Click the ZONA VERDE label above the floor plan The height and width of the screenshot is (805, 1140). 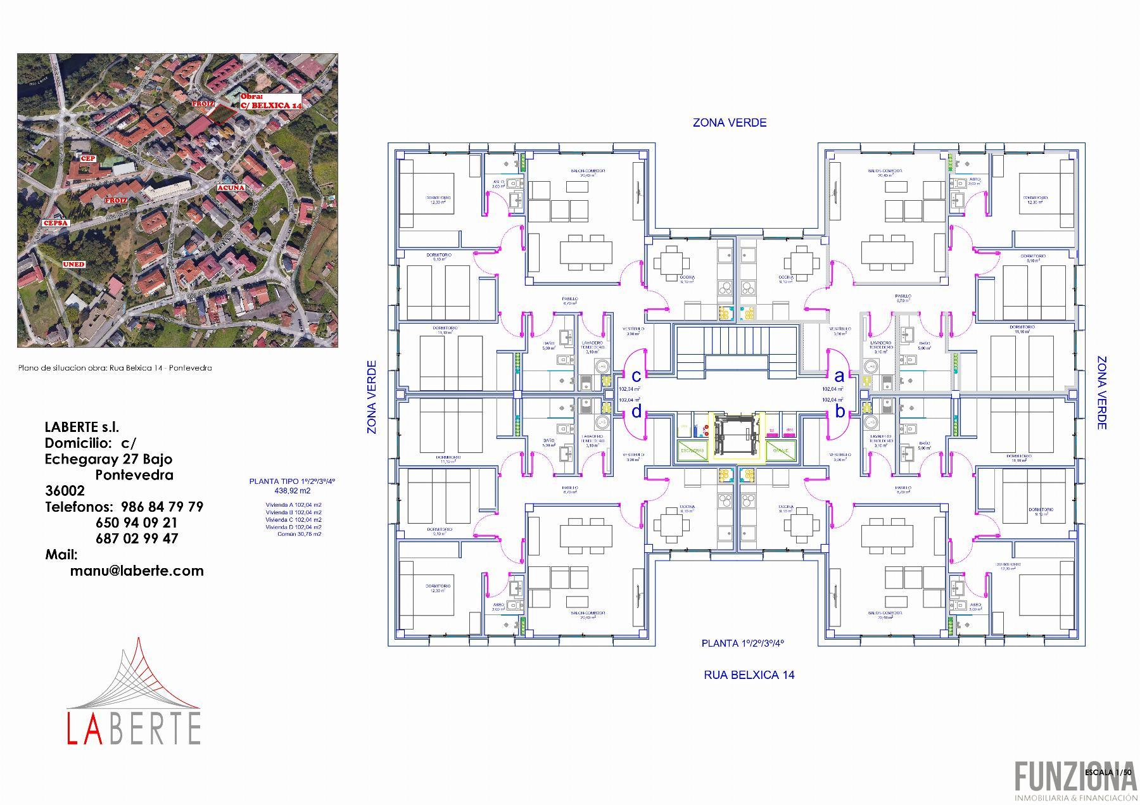coord(729,123)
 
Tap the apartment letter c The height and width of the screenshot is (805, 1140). coord(636,376)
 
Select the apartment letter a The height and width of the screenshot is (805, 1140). coord(840,376)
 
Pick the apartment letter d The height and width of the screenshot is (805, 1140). coord(636,412)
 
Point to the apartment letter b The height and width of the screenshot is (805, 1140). coord(840,412)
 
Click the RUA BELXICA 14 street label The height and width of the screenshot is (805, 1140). coord(749,675)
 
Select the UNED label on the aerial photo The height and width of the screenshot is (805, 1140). coord(73,264)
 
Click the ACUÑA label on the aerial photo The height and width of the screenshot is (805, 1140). coord(231,188)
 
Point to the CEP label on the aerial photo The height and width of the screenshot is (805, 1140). coord(87,158)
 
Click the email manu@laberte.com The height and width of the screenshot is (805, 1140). coord(137,571)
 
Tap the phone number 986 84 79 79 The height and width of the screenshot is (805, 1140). coord(161,507)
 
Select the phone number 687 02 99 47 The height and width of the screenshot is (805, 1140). coord(137,538)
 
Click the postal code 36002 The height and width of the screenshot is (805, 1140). coord(65,491)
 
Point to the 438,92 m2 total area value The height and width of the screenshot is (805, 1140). coord(292,491)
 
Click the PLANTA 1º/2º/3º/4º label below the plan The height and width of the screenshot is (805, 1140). coord(742,643)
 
